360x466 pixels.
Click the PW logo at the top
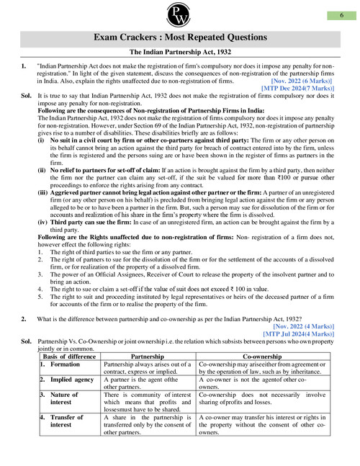tap(179, 15)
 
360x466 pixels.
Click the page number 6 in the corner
tap(340, 15)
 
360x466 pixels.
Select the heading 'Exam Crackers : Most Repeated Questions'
tap(179, 37)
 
